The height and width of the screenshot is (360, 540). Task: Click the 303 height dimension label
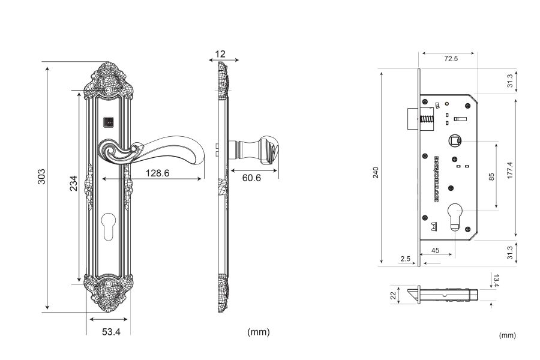click(x=41, y=176)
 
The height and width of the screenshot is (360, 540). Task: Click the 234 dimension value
click(x=73, y=184)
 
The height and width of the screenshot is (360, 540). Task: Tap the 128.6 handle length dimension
click(x=158, y=173)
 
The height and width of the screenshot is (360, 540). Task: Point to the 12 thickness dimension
click(x=220, y=54)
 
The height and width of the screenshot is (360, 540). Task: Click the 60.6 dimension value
click(x=253, y=178)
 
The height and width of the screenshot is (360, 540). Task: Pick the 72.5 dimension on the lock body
click(x=449, y=59)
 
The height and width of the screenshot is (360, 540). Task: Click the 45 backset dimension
click(x=435, y=250)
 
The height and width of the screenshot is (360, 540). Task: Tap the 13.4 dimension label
click(x=495, y=280)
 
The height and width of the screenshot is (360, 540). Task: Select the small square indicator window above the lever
click(x=108, y=122)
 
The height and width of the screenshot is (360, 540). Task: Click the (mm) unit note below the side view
click(x=259, y=332)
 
